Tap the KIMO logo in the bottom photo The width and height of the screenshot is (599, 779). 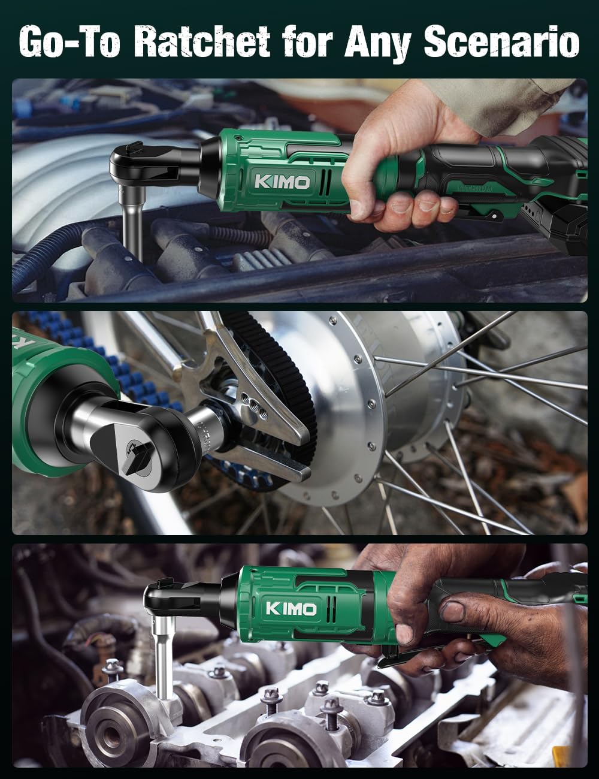[x=291, y=609]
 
